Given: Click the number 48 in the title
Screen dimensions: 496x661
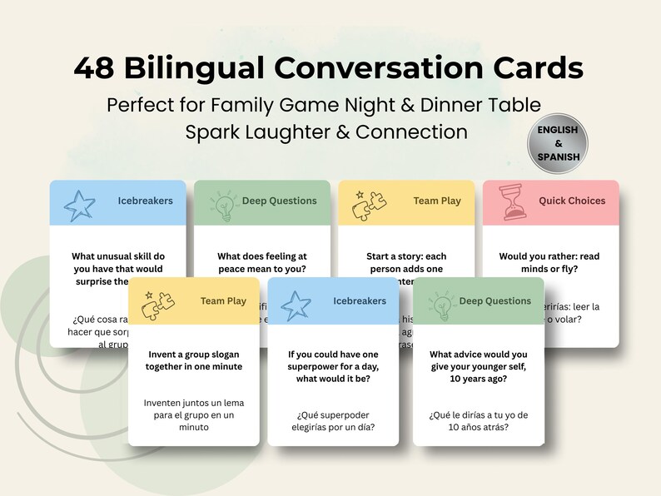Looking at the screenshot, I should click(x=94, y=68).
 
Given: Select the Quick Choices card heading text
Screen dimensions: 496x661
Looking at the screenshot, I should click(x=572, y=201).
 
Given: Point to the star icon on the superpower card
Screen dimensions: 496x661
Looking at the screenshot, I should click(x=296, y=305).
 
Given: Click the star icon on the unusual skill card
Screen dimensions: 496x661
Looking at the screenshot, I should click(x=79, y=205).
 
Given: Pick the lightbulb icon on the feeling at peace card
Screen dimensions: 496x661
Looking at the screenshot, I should click(x=222, y=205).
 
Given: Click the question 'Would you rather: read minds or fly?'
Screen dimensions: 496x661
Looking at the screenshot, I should click(x=549, y=263).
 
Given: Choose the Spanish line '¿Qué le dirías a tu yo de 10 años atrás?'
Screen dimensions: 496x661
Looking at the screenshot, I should click(x=479, y=421).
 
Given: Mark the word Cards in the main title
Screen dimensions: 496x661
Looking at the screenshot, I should click(x=533, y=68).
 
